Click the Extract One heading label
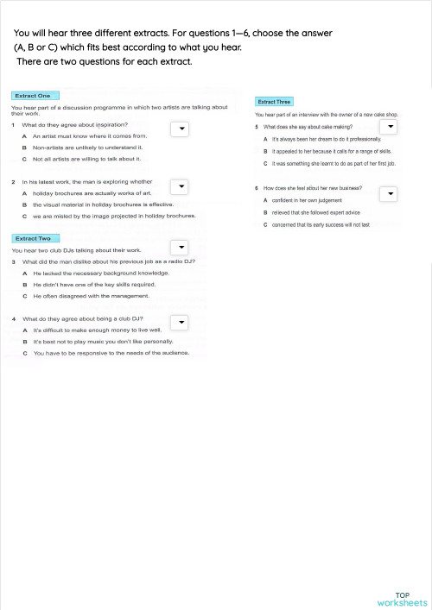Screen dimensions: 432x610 33,95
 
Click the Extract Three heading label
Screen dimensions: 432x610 273,101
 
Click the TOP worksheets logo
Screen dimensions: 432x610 402,599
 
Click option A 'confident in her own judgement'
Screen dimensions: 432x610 309,200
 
